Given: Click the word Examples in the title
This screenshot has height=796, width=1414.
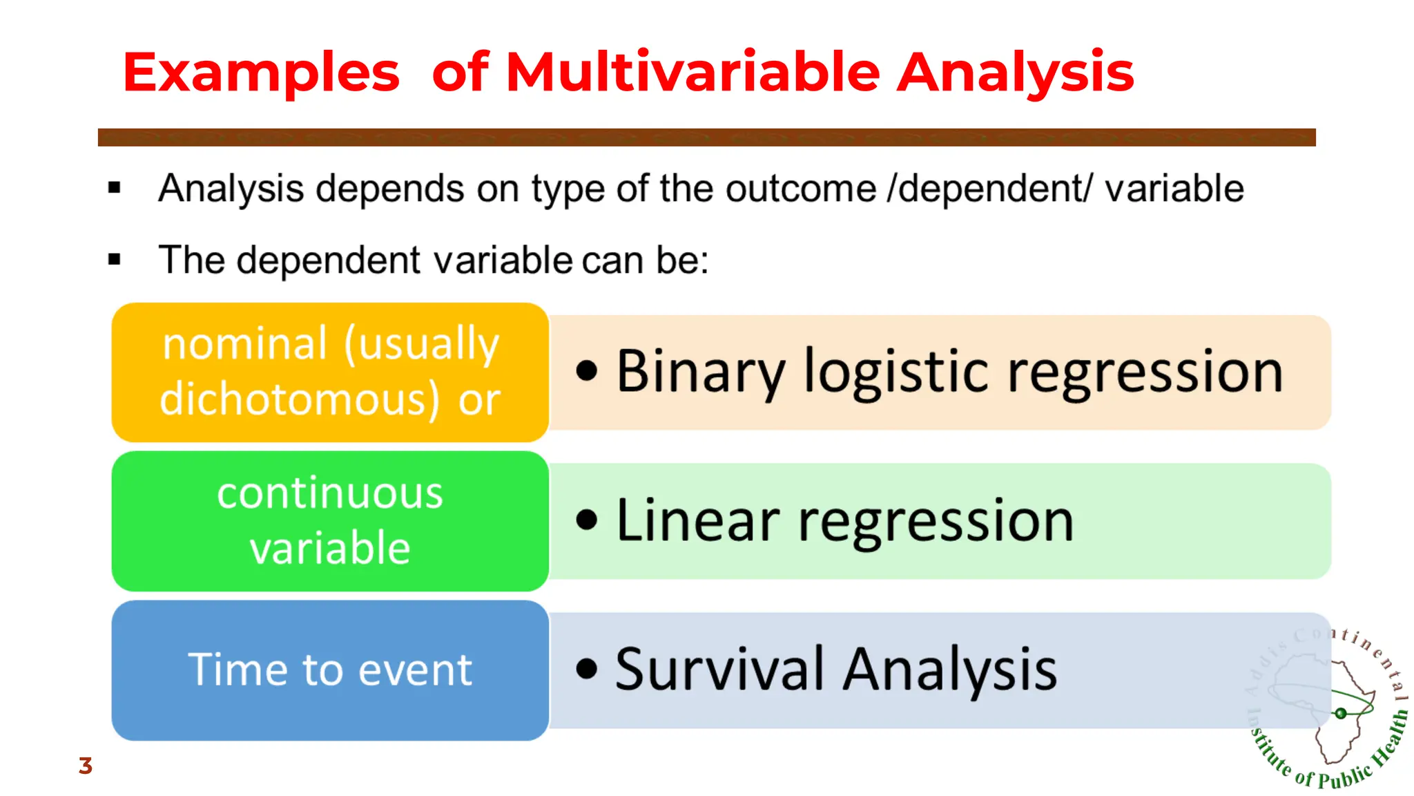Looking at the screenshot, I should [x=261, y=73].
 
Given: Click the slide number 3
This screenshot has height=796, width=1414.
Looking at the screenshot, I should [x=85, y=766].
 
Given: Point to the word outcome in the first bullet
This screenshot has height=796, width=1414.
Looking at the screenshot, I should [x=800, y=188].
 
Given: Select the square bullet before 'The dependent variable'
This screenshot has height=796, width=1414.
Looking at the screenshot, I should [x=115, y=260].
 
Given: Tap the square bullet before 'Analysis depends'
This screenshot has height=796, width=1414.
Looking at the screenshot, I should [x=115, y=187].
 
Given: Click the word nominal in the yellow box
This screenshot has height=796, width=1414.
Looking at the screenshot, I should [x=244, y=343].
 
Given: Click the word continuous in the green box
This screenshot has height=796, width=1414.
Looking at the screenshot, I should [x=330, y=493].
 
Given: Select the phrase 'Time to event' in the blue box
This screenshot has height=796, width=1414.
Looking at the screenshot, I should [x=330, y=670].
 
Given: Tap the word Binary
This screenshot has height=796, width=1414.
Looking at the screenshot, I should [x=701, y=372].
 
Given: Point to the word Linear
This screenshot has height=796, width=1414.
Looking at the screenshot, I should [x=697, y=521].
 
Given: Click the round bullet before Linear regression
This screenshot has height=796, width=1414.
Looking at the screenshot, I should [x=586, y=520].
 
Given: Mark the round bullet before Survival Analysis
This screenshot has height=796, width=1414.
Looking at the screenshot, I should [x=586, y=668].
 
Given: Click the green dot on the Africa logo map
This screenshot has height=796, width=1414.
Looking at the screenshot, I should [x=1340, y=713].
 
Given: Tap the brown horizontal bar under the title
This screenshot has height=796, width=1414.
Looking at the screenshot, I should [x=706, y=137].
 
